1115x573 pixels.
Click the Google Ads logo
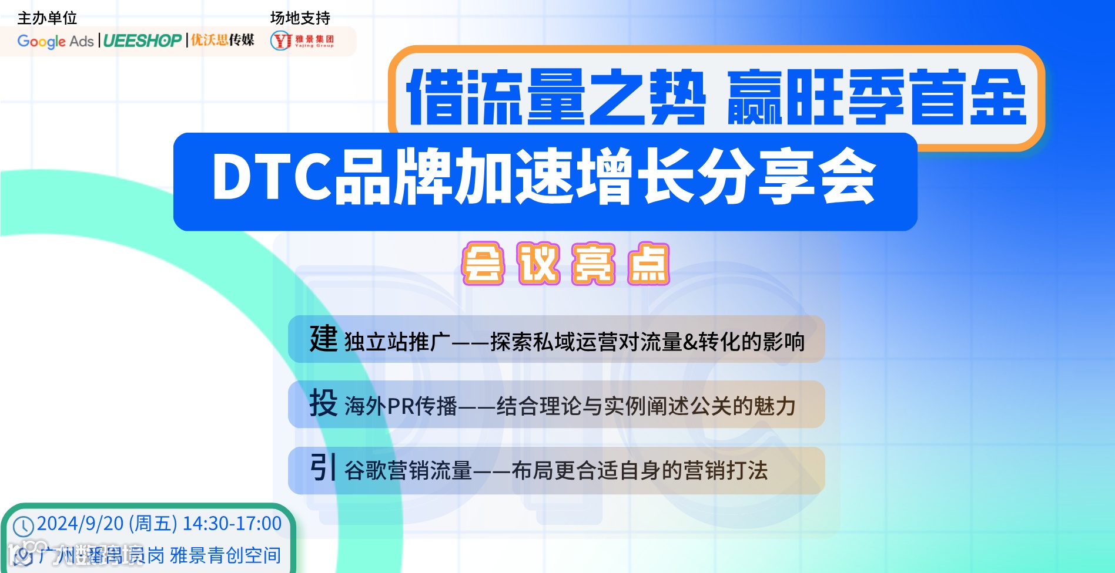click(x=56, y=41)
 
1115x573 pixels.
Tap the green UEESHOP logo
click(x=142, y=41)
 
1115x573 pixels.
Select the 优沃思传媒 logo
click(x=222, y=40)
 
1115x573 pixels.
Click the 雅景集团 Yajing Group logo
click(x=302, y=41)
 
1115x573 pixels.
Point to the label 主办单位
click(x=48, y=18)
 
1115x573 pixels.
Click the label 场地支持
click(x=300, y=18)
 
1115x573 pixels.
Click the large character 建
click(x=323, y=339)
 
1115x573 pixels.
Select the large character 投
click(x=323, y=403)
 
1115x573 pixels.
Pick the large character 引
click(x=323, y=468)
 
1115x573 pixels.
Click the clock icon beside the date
click(x=24, y=526)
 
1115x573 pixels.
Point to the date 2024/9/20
click(x=80, y=524)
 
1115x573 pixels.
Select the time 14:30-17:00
click(x=232, y=524)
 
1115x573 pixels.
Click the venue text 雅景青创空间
click(x=225, y=555)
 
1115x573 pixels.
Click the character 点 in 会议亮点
click(x=648, y=264)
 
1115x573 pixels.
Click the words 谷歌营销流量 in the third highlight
click(x=409, y=471)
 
